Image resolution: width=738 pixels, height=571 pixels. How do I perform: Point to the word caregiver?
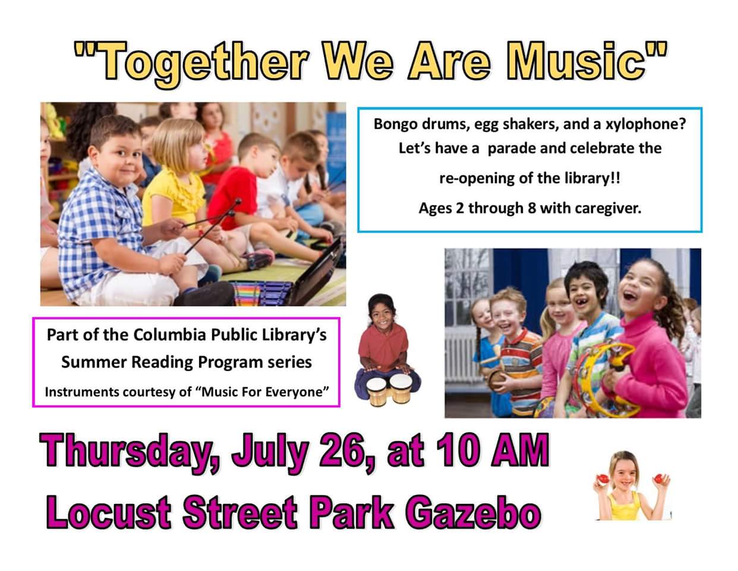point(608,208)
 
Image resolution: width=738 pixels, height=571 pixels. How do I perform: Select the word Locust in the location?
point(108,512)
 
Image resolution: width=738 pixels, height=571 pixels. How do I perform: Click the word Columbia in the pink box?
point(169,335)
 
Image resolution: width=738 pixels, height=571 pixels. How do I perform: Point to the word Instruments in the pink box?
point(81,392)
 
